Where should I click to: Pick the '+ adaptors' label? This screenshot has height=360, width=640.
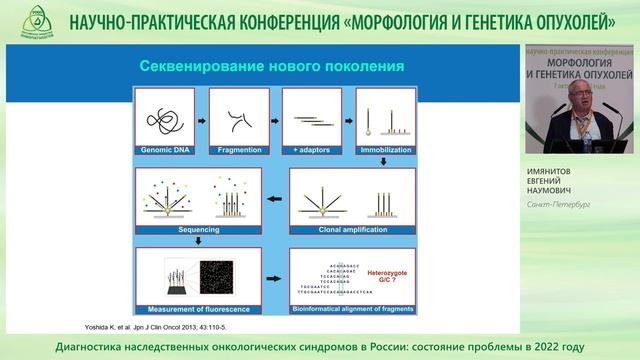312,150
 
